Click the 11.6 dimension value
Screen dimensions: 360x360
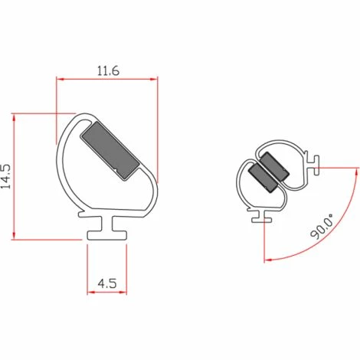pyautogui.click(x=108, y=70)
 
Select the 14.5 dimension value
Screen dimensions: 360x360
pyautogui.click(x=7, y=175)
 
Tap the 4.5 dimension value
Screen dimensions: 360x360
pyautogui.click(x=107, y=283)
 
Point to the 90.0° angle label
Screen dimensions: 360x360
pyautogui.click(x=322, y=227)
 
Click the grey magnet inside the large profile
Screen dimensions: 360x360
pyautogui.click(x=110, y=148)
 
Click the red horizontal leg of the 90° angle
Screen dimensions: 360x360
pyautogui.click(x=337, y=166)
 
